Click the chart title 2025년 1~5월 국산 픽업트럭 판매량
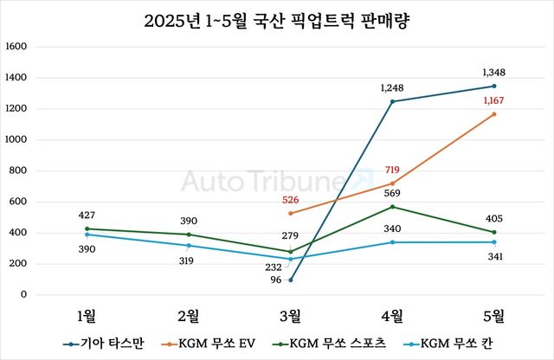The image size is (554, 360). pos(276,21)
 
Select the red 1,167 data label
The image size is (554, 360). pos(494,100)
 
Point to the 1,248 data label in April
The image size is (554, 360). pos(392,87)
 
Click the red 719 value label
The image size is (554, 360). pos(392,170)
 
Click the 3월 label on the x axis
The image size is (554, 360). pos(290,313)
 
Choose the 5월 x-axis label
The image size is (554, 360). pos(494,313)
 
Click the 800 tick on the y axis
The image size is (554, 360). pos(18,170)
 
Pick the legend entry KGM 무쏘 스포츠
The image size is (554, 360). pos(333,344)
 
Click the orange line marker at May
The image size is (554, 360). pos(494,114)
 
